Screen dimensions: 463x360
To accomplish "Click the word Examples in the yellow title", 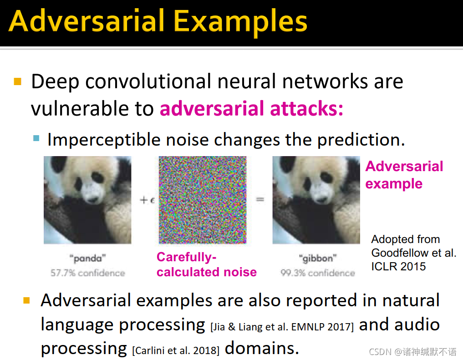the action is click(x=240, y=22).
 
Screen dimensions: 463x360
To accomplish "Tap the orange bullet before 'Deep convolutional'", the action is click(x=18, y=81).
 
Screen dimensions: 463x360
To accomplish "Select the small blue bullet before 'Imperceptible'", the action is click(x=36, y=138).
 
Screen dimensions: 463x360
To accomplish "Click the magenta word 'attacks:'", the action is click(x=306, y=108).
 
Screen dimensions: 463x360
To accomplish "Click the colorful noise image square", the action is click(x=203, y=200).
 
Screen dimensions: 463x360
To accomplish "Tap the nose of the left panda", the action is click(x=92, y=199).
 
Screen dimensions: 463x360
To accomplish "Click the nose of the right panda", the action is click(x=321, y=199).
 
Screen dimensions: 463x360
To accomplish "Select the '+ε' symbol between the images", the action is click(x=147, y=200).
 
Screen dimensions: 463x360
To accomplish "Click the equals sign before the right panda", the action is click(x=260, y=200).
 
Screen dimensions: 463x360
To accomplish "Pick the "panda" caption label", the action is click(x=87, y=259).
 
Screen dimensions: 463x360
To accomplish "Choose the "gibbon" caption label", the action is click(x=317, y=259).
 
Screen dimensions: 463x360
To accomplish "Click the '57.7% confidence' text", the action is click(x=88, y=273).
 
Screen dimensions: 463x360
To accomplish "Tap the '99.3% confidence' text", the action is click(x=318, y=273).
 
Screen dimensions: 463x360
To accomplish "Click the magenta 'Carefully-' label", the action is click(x=186, y=257).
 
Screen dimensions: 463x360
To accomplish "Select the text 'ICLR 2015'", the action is click(x=398, y=266).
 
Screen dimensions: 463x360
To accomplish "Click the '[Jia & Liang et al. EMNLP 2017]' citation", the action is click(x=282, y=327).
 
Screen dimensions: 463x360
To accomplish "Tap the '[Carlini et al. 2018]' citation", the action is click(x=176, y=350).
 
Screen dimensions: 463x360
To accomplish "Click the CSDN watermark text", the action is click(x=412, y=352).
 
